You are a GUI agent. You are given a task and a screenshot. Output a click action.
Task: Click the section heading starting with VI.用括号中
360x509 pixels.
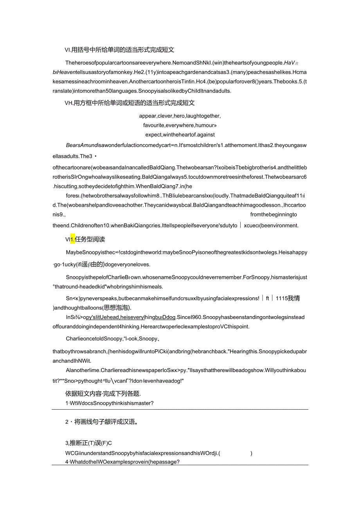click(119, 50)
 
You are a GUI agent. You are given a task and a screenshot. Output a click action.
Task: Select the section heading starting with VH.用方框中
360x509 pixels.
click(130, 103)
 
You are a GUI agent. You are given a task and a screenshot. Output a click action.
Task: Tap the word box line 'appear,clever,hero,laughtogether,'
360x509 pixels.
click(180, 116)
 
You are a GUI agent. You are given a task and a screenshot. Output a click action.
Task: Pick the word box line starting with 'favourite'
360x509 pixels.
click(180, 125)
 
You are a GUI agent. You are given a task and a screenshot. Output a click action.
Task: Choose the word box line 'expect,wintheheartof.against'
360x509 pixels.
click(180, 135)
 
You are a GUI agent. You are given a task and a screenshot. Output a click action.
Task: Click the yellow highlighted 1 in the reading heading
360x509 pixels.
click(72, 239)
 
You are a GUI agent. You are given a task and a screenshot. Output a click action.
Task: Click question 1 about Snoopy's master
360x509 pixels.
click(109, 403)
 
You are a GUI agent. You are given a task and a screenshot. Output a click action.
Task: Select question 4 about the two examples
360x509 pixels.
click(122, 461)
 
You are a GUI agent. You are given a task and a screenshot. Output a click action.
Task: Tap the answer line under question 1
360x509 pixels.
click(180, 409)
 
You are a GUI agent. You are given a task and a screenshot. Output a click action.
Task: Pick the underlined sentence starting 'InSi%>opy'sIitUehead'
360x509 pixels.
click(122, 317)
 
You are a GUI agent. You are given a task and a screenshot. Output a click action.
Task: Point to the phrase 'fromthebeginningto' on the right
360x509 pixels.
click(274, 214)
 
